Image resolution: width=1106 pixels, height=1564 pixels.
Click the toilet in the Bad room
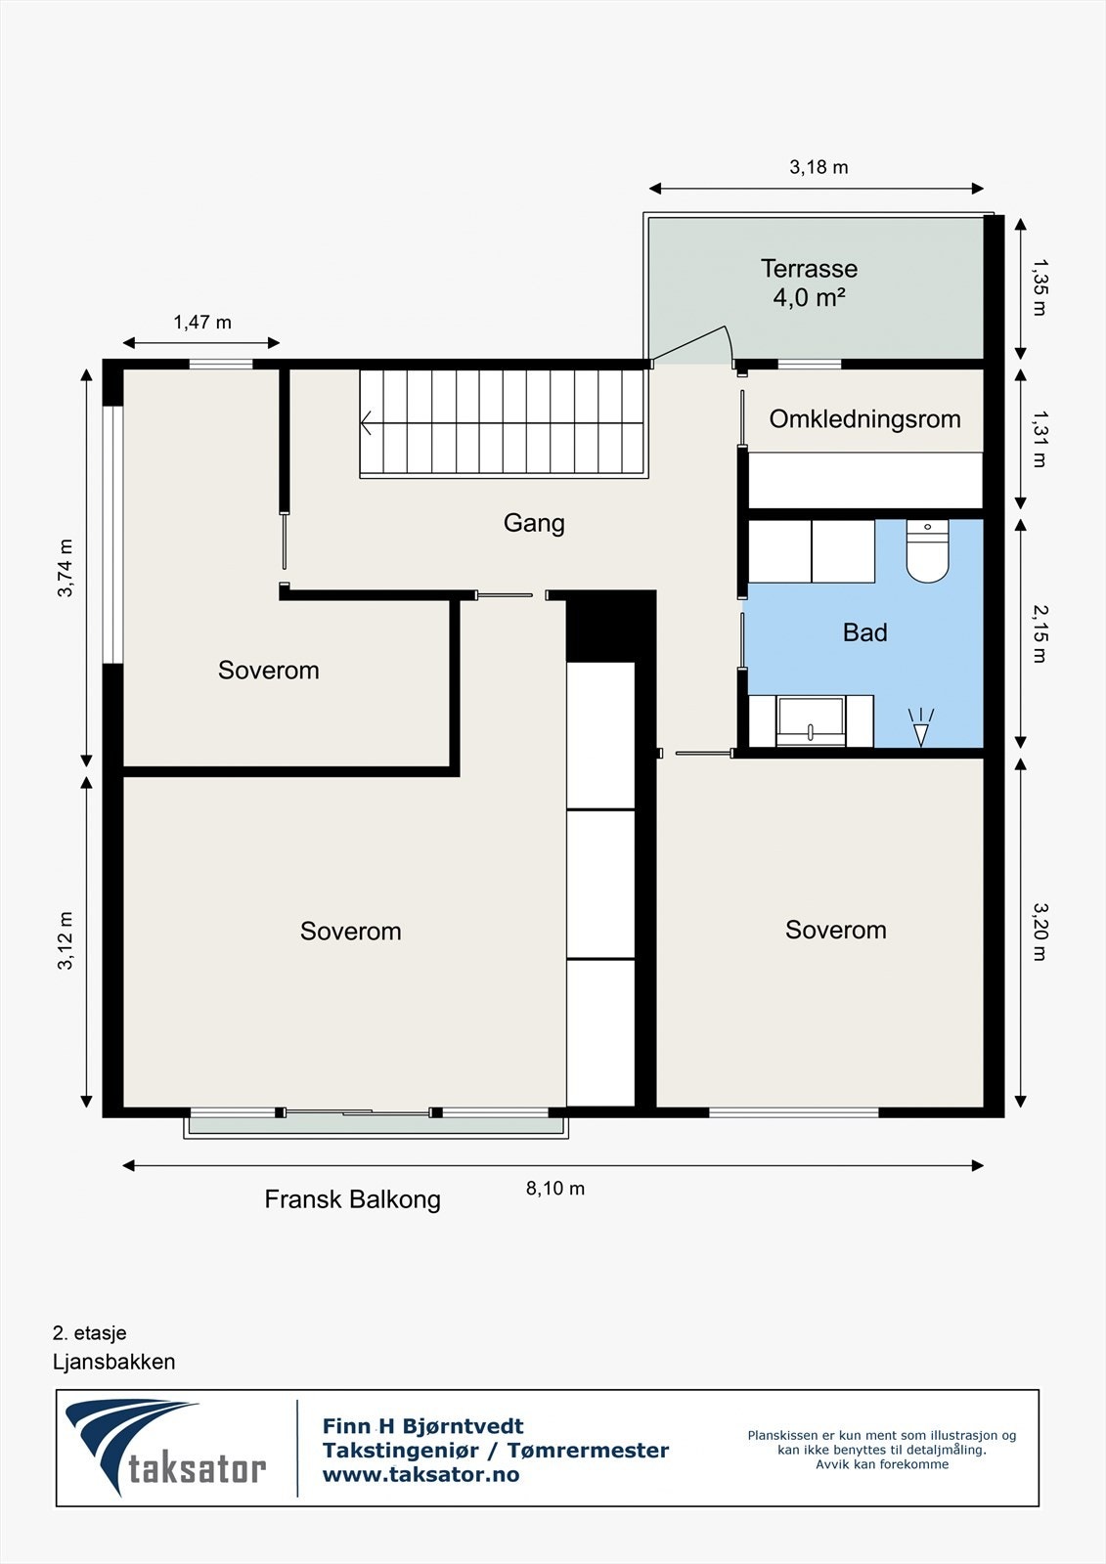[x=927, y=550]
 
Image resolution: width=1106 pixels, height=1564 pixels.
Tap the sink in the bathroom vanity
[x=811, y=721]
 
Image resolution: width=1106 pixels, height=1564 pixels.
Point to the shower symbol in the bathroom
[x=921, y=727]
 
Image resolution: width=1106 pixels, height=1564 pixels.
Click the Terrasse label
[x=809, y=269]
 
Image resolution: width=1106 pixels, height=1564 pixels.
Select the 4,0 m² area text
[x=809, y=298]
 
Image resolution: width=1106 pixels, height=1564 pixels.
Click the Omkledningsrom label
[x=865, y=419]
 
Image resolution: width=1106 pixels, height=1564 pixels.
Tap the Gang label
[x=534, y=523]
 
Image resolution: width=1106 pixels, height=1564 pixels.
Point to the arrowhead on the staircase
[x=366, y=422]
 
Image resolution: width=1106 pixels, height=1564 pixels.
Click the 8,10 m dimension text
[x=555, y=1189]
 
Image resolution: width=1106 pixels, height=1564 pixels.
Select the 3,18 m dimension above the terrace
[x=818, y=167]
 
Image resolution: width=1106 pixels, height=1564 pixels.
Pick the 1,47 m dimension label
[x=201, y=322]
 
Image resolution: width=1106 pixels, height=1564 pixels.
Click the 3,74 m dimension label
[x=65, y=568]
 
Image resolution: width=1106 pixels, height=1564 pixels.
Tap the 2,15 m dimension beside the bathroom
[x=1040, y=633]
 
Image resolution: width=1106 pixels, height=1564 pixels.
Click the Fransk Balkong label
[x=352, y=1199]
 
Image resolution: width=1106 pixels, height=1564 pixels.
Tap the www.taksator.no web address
[x=420, y=1475]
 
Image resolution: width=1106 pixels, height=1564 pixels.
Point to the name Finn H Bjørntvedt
[x=422, y=1426]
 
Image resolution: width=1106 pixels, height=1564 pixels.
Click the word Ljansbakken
[x=113, y=1362]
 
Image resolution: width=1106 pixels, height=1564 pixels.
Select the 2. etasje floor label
[x=89, y=1333]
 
